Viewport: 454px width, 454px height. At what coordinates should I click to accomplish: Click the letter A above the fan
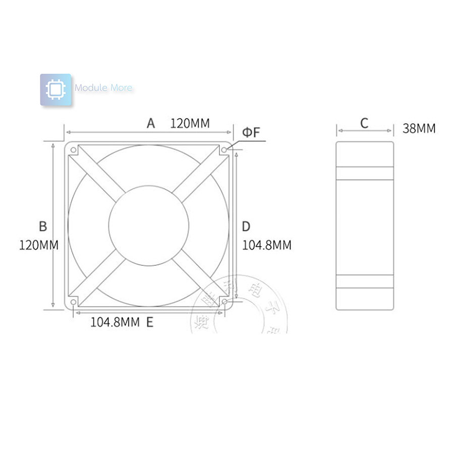(150, 123)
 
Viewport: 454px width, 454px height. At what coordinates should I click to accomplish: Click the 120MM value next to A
(190, 123)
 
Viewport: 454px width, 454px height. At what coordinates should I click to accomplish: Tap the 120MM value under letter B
(39, 246)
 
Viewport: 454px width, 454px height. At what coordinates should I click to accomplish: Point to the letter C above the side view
(364, 123)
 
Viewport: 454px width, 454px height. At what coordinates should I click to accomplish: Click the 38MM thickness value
(419, 129)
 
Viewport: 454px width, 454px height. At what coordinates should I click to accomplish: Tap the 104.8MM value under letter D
(267, 246)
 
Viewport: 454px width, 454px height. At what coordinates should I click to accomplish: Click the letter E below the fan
(150, 322)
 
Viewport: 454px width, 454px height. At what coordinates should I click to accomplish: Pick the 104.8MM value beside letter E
(115, 322)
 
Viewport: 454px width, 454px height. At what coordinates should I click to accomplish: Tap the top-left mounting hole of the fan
(74, 150)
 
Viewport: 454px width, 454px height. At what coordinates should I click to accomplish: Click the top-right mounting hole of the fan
(224, 150)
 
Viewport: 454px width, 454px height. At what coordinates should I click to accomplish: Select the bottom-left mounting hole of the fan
(74, 302)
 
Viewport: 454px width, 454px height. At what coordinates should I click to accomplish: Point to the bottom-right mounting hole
(224, 302)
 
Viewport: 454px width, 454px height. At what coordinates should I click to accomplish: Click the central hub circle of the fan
(149, 225)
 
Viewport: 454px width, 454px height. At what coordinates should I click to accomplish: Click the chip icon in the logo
(55, 90)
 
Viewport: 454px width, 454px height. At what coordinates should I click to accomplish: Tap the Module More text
(103, 88)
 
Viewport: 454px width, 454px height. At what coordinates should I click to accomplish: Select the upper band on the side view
(364, 173)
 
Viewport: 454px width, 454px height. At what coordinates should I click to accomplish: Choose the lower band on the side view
(364, 281)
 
